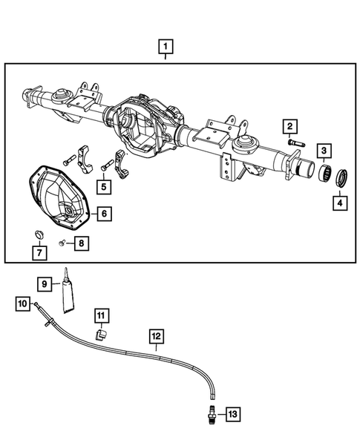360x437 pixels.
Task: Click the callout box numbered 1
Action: (x=166, y=48)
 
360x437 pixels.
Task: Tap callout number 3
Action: (x=325, y=151)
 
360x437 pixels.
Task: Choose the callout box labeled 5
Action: (x=105, y=186)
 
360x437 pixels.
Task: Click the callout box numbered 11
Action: (x=101, y=317)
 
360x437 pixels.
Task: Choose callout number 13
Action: (x=233, y=413)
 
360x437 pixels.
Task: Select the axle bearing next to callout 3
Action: (x=324, y=177)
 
